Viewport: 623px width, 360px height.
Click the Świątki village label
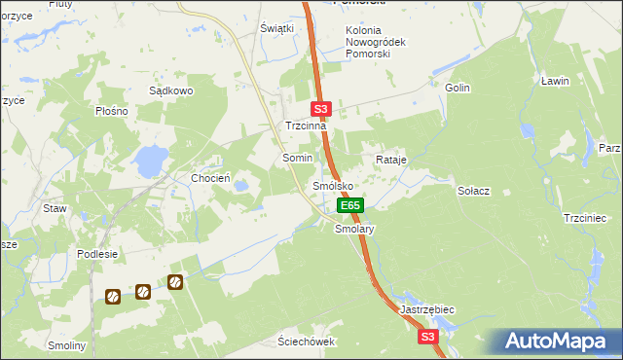coord(276,28)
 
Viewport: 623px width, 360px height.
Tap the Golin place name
coord(458,88)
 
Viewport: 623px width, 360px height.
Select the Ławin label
coord(555,81)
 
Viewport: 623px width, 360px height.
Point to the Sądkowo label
coord(171,90)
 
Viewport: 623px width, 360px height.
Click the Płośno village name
coord(113,111)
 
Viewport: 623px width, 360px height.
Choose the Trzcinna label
coord(305,126)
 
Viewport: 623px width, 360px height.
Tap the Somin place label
coord(297,157)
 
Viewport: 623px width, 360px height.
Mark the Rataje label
coord(390,159)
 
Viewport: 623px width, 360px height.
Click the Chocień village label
coord(210,178)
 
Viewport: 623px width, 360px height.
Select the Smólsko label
coord(332,185)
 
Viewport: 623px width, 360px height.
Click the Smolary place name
coord(354,230)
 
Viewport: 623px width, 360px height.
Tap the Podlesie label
coord(97,254)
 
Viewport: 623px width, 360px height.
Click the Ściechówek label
coord(306,342)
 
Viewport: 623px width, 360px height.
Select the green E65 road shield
coord(350,205)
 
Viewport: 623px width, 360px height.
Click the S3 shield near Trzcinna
coord(323,110)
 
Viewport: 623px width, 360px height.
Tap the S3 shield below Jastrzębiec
coord(428,337)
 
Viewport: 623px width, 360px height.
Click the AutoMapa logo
coord(555,342)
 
